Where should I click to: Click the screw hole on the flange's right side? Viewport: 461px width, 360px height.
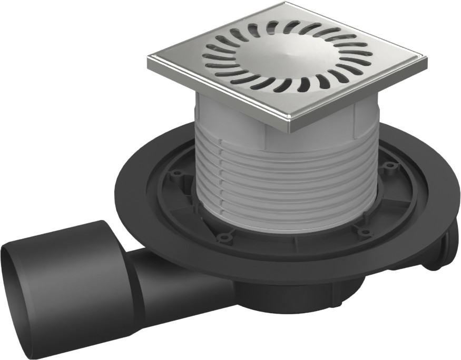tap(390, 166)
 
